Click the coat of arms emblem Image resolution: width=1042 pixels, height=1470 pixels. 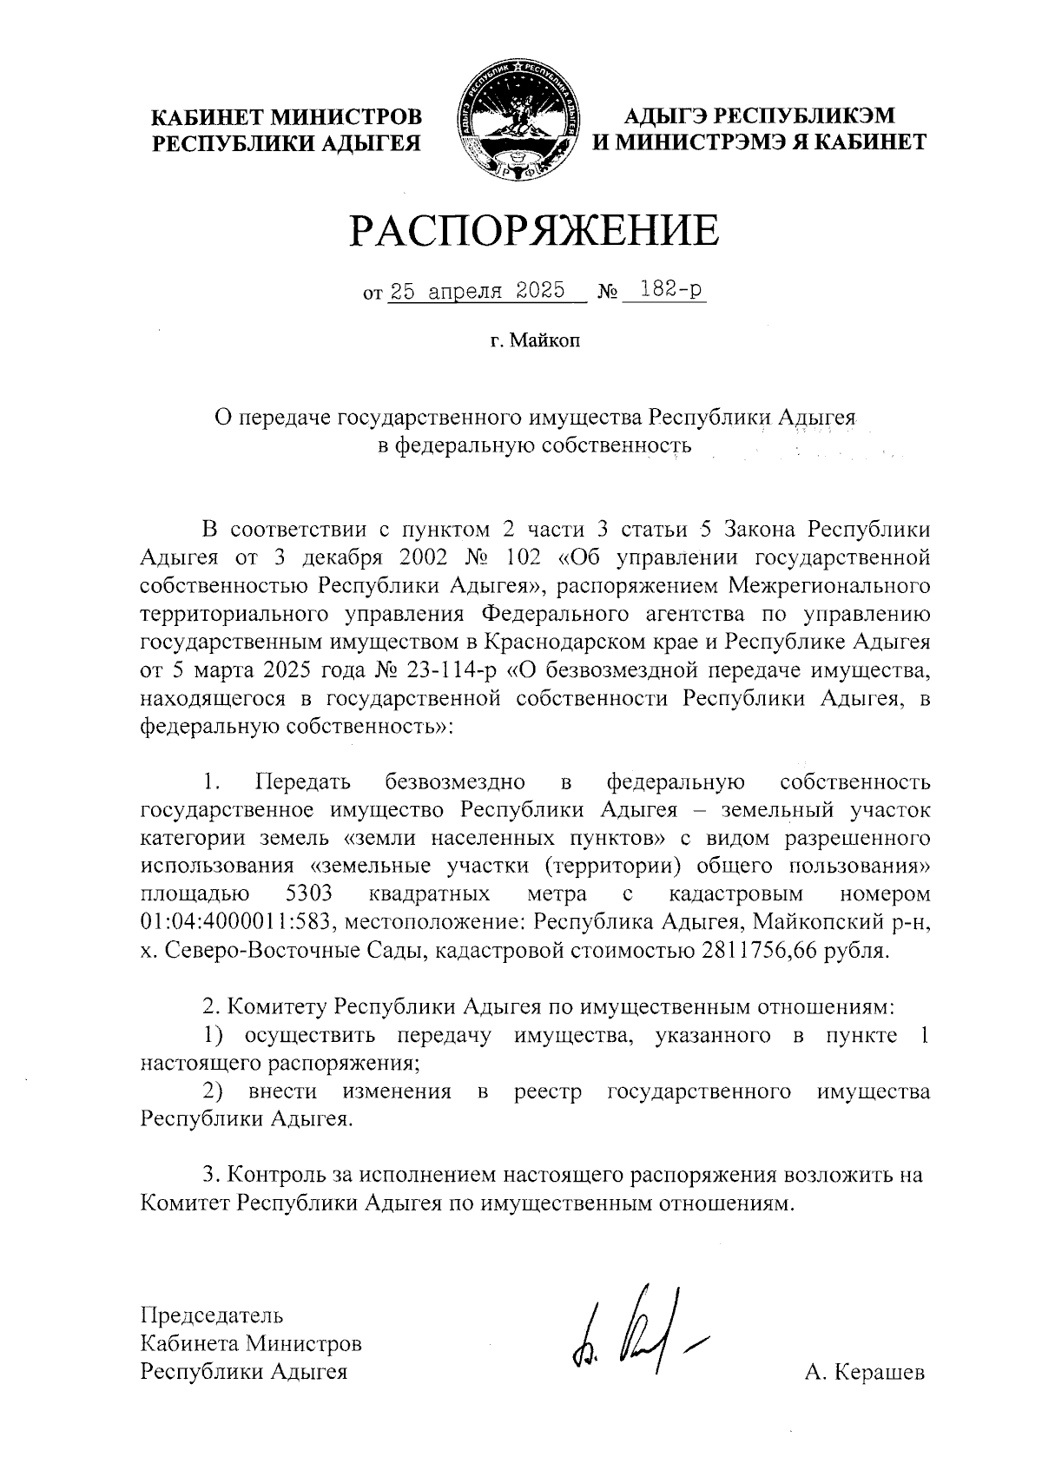point(520,122)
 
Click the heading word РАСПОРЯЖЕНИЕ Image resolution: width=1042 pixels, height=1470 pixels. point(535,231)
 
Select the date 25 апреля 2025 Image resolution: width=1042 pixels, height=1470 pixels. point(477,291)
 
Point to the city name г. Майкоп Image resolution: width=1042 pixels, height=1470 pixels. point(533,341)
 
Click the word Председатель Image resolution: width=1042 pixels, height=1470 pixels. point(212,1314)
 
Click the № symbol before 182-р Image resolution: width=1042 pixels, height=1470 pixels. point(608,293)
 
